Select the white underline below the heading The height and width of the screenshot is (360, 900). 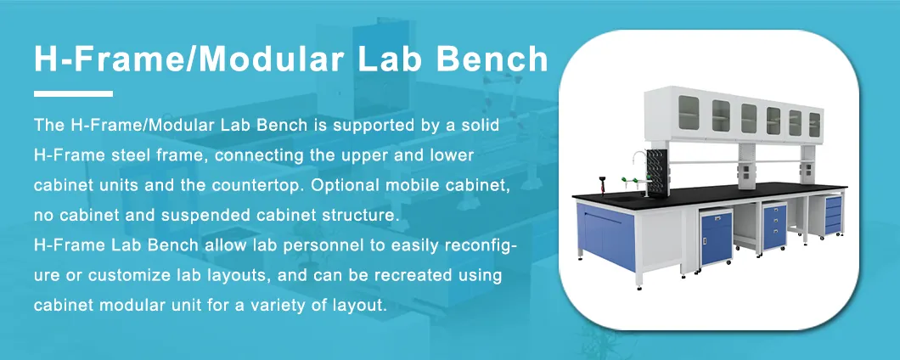tap(73, 93)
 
